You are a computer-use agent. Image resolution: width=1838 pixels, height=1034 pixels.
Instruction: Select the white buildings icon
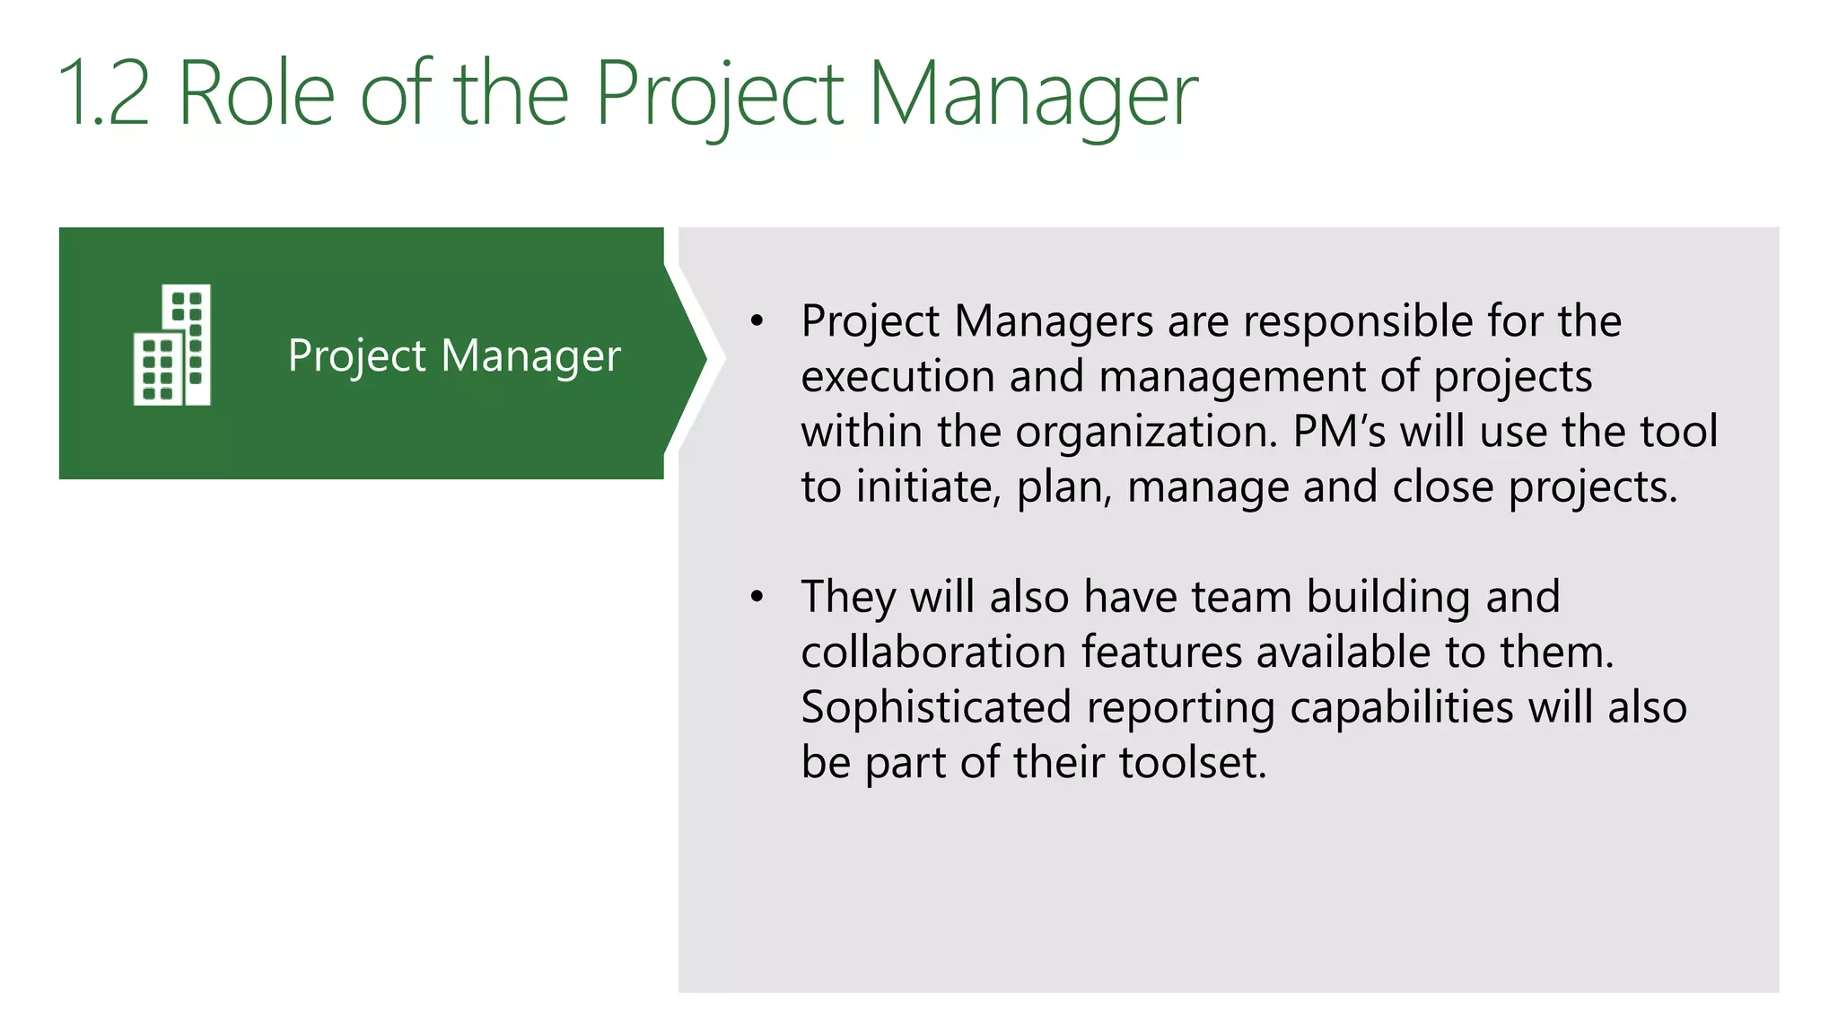(x=172, y=346)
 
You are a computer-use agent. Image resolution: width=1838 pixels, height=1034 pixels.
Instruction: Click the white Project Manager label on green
(x=454, y=355)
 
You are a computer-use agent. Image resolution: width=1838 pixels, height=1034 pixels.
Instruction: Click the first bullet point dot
(x=757, y=321)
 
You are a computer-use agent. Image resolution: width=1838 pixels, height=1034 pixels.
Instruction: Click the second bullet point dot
(x=757, y=597)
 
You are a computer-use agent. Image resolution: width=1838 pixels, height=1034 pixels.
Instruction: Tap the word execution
(x=897, y=377)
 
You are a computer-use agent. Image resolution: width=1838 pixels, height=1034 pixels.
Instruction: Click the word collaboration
(x=932, y=653)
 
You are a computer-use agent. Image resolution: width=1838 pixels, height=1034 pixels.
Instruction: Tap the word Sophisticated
(x=936, y=709)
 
